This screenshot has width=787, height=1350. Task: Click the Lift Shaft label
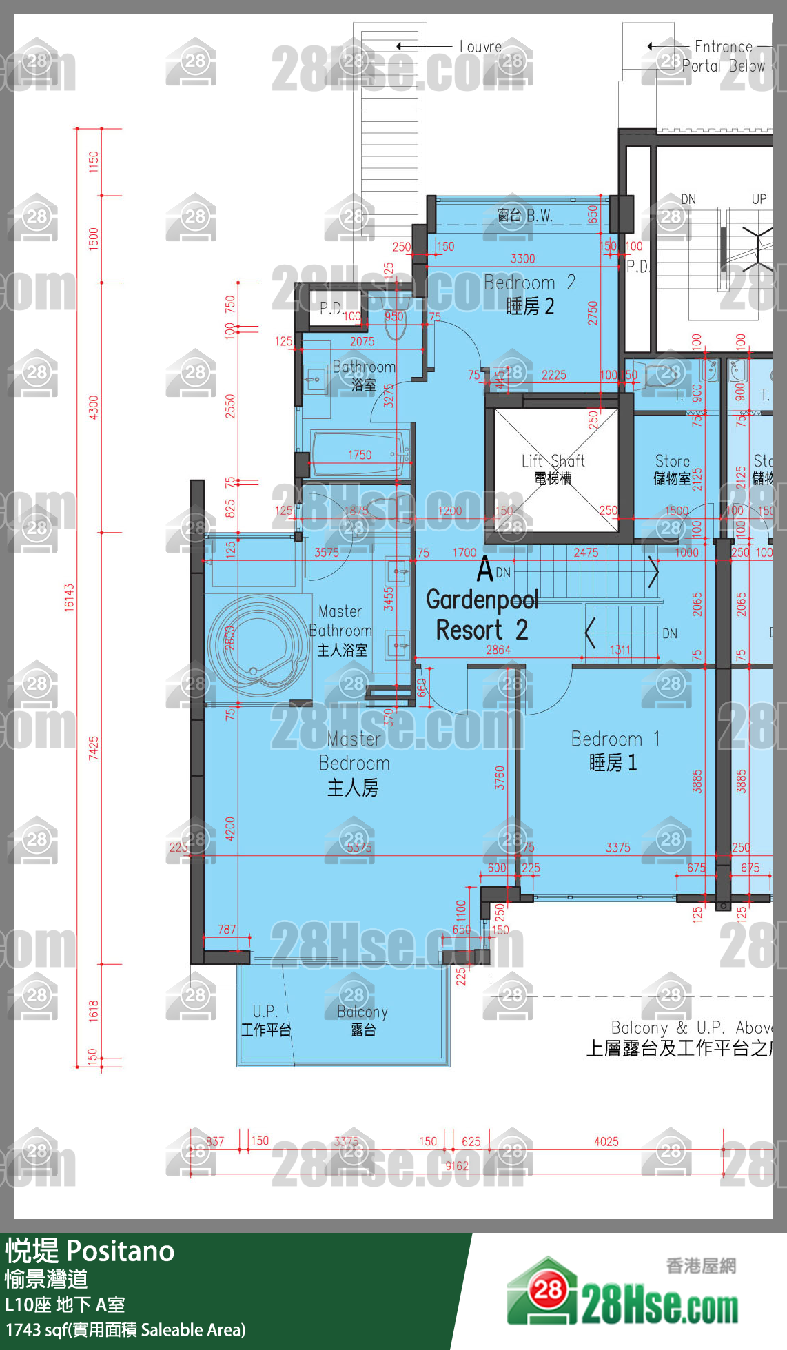pyautogui.click(x=553, y=469)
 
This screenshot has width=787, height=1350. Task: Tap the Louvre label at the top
pyautogui.click(x=480, y=47)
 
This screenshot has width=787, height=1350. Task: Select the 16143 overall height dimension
pyautogui.click(x=69, y=597)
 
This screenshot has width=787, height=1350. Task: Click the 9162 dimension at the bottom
pyautogui.click(x=456, y=1166)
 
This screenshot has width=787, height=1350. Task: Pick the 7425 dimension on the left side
pyautogui.click(x=93, y=748)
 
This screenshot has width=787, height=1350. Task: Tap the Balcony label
pyautogui.click(x=362, y=1020)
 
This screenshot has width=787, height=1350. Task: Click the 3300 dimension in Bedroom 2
pyautogui.click(x=522, y=258)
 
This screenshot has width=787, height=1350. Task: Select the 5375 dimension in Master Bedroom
pyautogui.click(x=359, y=848)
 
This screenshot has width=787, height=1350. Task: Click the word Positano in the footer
pyautogui.click(x=121, y=1251)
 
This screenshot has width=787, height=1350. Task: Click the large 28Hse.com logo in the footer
pyautogui.click(x=624, y=1296)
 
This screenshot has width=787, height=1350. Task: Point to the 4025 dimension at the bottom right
pyautogui.click(x=606, y=1141)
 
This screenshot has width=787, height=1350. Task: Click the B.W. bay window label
pyautogui.click(x=525, y=216)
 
